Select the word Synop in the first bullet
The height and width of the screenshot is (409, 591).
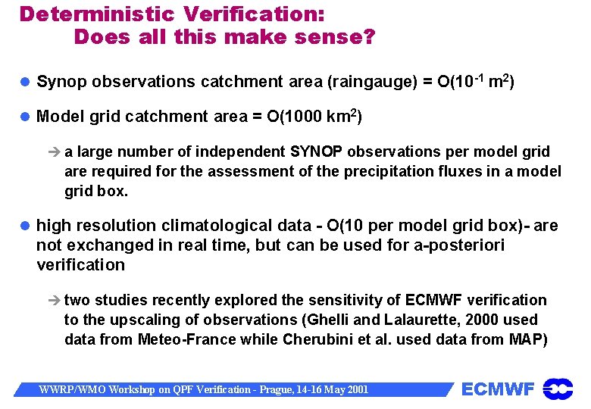point(61,82)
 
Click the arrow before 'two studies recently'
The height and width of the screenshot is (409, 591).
point(55,301)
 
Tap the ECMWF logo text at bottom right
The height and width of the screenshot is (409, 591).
point(498,389)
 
